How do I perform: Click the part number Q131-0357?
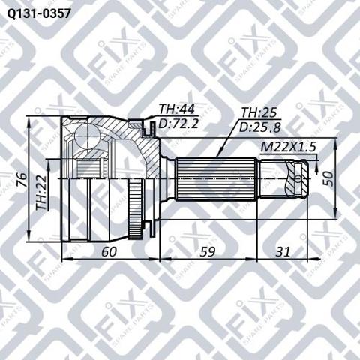(x=39, y=13)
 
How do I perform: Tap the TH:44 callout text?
(x=177, y=109)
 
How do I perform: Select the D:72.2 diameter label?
(x=178, y=123)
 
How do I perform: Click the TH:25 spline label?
(x=259, y=112)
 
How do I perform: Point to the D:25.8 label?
(x=260, y=127)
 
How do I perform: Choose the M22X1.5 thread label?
(x=288, y=147)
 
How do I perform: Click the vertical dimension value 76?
(x=22, y=179)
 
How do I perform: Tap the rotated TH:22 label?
(x=41, y=193)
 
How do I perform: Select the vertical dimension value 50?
(x=328, y=178)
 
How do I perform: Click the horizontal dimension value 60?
(x=109, y=252)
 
